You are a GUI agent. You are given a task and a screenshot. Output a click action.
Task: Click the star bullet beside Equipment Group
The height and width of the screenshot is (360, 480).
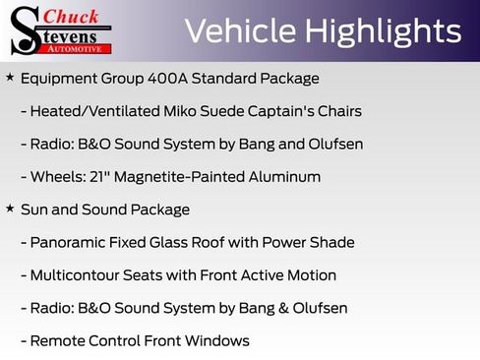click(10, 77)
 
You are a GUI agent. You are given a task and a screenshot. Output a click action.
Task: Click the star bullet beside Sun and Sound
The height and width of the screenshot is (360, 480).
click(10, 209)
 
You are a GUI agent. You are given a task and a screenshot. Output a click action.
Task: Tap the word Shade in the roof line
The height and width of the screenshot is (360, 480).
click(331, 242)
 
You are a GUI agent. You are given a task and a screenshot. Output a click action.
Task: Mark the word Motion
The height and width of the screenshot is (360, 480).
click(310, 275)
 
